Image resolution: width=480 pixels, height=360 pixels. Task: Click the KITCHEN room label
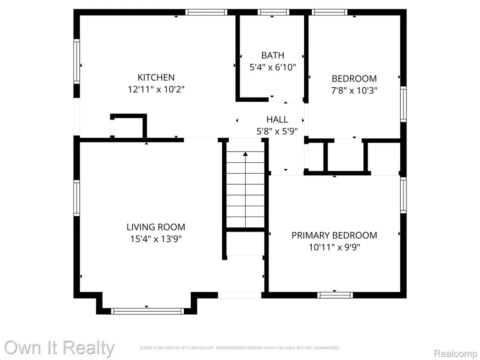coord(156,77)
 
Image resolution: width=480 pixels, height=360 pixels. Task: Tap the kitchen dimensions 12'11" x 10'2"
coord(156,90)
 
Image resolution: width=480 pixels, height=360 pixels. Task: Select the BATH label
coord(273,55)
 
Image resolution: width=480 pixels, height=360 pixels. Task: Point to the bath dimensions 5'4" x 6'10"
coord(273,67)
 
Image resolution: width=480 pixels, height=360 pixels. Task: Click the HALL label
coord(277,120)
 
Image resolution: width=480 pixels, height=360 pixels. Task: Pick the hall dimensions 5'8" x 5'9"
coord(277,131)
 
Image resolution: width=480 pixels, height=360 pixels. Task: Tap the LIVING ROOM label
coord(156,227)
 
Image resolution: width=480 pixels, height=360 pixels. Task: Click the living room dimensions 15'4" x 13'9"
coord(156,239)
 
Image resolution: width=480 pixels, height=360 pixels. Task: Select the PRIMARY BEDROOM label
coord(334,235)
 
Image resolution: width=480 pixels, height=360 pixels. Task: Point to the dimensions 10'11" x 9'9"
coord(334,247)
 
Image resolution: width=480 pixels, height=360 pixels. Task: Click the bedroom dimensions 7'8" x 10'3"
coord(354,90)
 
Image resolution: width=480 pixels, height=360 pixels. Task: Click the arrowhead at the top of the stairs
coord(245,154)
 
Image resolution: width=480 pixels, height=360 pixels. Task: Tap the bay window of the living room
coord(147,311)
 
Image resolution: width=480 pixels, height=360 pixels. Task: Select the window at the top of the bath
coord(273,12)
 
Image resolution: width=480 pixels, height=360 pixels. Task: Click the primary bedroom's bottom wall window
coord(335,295)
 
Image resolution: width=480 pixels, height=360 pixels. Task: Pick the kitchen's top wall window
coord(206,12)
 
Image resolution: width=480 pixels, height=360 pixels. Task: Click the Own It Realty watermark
coord(60,348)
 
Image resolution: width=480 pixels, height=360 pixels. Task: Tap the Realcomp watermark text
coord(455,353)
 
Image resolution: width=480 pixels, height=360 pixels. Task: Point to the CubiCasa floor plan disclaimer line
coord(240,348)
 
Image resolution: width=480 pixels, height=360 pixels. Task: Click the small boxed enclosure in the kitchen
coord(128,126)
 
